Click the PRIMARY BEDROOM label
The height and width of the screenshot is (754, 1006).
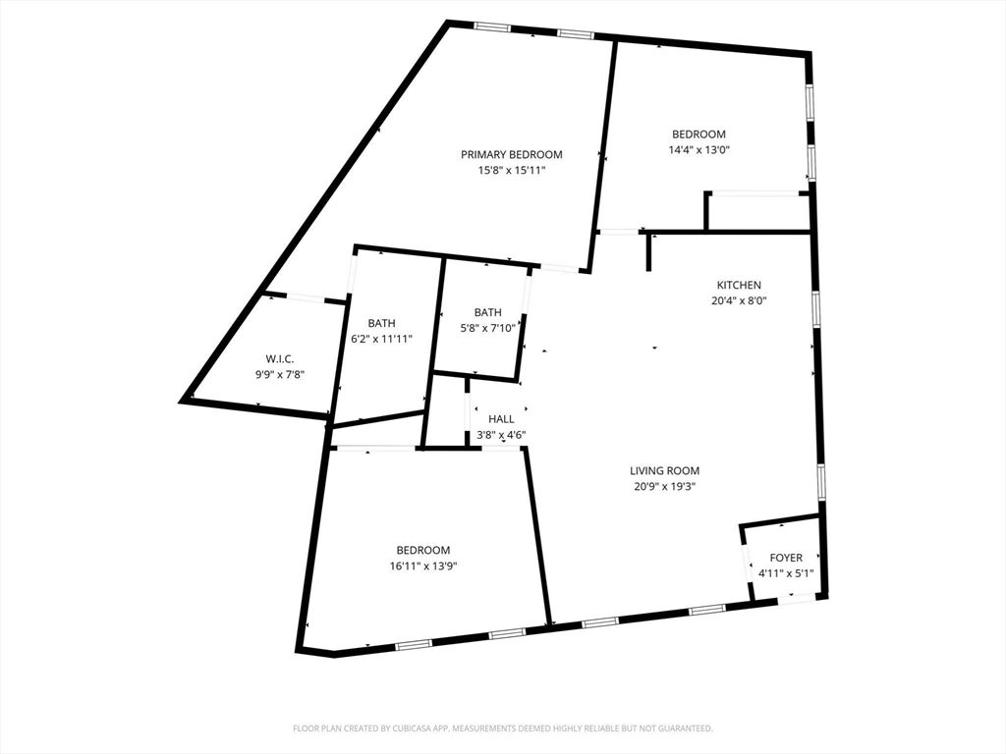click(511, 154)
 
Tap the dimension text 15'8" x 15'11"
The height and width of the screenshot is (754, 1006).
click(511, 171)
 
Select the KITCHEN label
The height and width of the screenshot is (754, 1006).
click(739, 286)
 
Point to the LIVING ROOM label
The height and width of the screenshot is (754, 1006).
click(664, 470)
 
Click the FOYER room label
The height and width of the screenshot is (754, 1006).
click(786, 558)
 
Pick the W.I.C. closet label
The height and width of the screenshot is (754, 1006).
click(280, 359)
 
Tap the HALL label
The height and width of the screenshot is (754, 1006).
click(501, 419)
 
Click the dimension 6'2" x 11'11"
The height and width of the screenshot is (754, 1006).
click(382, 339)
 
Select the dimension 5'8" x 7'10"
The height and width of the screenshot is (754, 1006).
click(487, 328)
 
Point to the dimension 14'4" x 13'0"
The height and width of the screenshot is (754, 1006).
click(699, 150)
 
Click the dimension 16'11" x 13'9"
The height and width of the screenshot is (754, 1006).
click(422, 566)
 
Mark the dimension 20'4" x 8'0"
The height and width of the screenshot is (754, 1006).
click(739, 300)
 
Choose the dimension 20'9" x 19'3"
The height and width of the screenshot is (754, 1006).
click(664, 486)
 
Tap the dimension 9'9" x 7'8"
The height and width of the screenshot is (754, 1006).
click(280, 374)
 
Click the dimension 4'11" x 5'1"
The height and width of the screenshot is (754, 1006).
click(786, 573)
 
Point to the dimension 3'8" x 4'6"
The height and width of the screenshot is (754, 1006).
click(501, 435)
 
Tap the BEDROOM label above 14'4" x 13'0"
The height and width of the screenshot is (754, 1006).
click(699, 134)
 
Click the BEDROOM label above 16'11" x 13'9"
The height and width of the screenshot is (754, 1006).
click(422, 550)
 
